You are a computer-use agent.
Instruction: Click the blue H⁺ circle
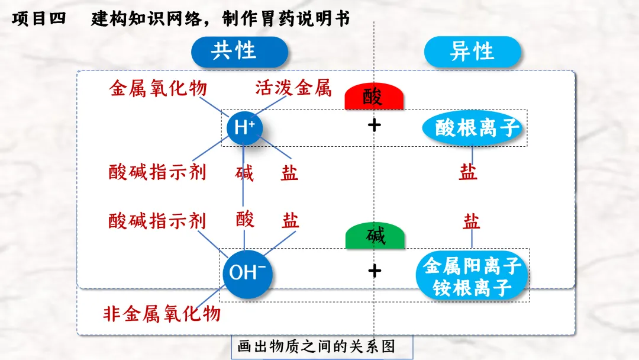pos(244,127)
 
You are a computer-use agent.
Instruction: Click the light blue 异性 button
pos(472,52)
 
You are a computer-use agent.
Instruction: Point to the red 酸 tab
pos(374,97)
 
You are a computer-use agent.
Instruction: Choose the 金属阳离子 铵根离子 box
pos(472,277)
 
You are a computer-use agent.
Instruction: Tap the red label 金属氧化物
pos(159,89)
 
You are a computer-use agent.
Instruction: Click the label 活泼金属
pos(293,89)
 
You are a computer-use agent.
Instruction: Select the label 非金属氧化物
pos(162,313)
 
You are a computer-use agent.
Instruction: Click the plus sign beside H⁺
pos(374,125)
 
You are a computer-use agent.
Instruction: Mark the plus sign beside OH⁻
pos(375,271)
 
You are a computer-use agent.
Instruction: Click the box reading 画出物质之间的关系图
pos(316,346)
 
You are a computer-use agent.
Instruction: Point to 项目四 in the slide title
pos(37,20)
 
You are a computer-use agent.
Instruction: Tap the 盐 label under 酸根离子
pos(468,172)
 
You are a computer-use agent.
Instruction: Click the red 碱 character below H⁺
pos(244,173)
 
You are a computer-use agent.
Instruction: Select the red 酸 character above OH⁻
pos(245,219)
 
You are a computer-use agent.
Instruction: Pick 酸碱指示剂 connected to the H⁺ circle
pos(157,172)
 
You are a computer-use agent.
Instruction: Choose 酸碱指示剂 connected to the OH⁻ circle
pos(157,221)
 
